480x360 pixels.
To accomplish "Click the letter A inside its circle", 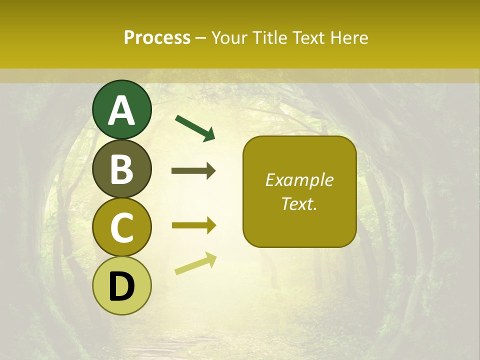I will click(122, 111).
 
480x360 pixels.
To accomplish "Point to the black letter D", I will click(122, 286).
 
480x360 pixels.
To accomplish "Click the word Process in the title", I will click(157, 37).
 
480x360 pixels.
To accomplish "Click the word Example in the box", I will click(299, 180).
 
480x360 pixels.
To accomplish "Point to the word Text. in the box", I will click(299, 203).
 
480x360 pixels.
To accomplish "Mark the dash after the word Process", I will click(200, 38).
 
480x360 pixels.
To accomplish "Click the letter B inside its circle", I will click(122, 169).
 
